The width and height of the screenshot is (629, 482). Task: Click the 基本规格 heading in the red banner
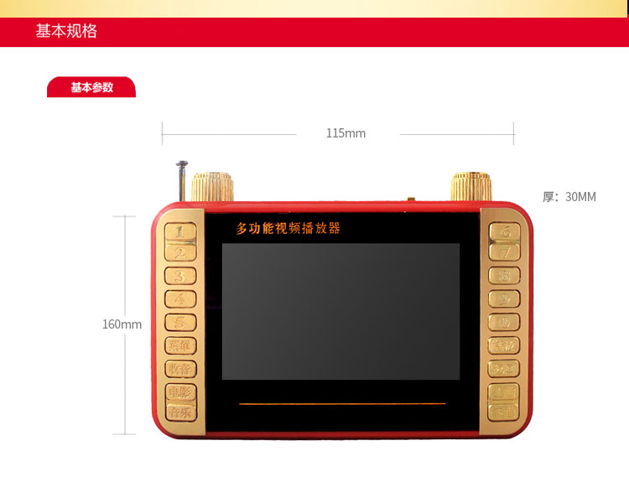(x=66, y=32)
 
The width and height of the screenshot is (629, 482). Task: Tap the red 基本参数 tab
(x=91, y=87)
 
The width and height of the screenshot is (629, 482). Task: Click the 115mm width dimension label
(x=346, y=133)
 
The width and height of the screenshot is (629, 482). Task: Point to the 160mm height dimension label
(x=122, y=324)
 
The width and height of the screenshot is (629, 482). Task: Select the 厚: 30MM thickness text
(x=569, y=197)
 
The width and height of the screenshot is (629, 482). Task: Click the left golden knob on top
(x=211, y=186)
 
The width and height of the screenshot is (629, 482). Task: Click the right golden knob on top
(x=470, y=186)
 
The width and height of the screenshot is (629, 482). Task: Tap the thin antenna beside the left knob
(x=181, y=179)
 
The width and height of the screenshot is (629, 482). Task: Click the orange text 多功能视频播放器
(x=288, y=228)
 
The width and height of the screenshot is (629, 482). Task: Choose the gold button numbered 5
(x=179, y=322)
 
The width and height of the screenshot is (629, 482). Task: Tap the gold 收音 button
(x=179, y=368)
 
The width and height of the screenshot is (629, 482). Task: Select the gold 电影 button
(x=179, y=391)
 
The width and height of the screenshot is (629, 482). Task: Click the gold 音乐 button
(x=179, y=412)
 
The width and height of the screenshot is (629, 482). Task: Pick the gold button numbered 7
(x=504, y=251)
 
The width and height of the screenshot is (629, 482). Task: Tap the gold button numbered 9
(x=504, y=298)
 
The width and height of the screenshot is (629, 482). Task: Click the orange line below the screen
(x=342, y=404)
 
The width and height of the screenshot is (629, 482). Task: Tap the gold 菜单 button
(x=179, y=345)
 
